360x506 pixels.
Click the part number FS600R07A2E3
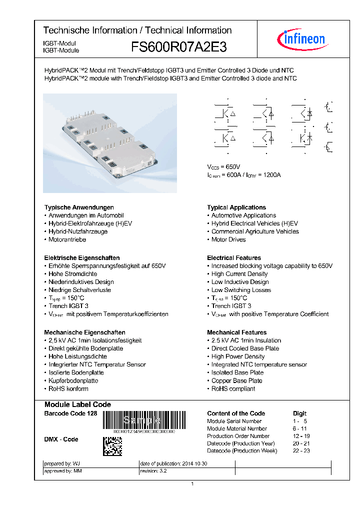(179, 47)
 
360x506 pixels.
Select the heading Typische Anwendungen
(79, 207)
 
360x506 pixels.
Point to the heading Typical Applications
(236, 207)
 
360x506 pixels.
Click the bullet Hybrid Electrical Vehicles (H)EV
(254, 223)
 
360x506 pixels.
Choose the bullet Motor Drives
(228, 239)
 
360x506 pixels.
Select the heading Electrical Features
(234, 258)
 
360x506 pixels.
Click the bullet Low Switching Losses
(241, 290)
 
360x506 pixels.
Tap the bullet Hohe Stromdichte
(73, 274)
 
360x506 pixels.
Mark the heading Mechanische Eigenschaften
(84, 332)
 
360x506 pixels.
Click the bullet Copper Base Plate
(236, 380)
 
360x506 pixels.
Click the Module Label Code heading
(77, 404)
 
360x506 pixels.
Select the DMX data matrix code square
(112, 446)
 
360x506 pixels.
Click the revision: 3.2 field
(154, 471)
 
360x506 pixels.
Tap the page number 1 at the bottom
(192, 483)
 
